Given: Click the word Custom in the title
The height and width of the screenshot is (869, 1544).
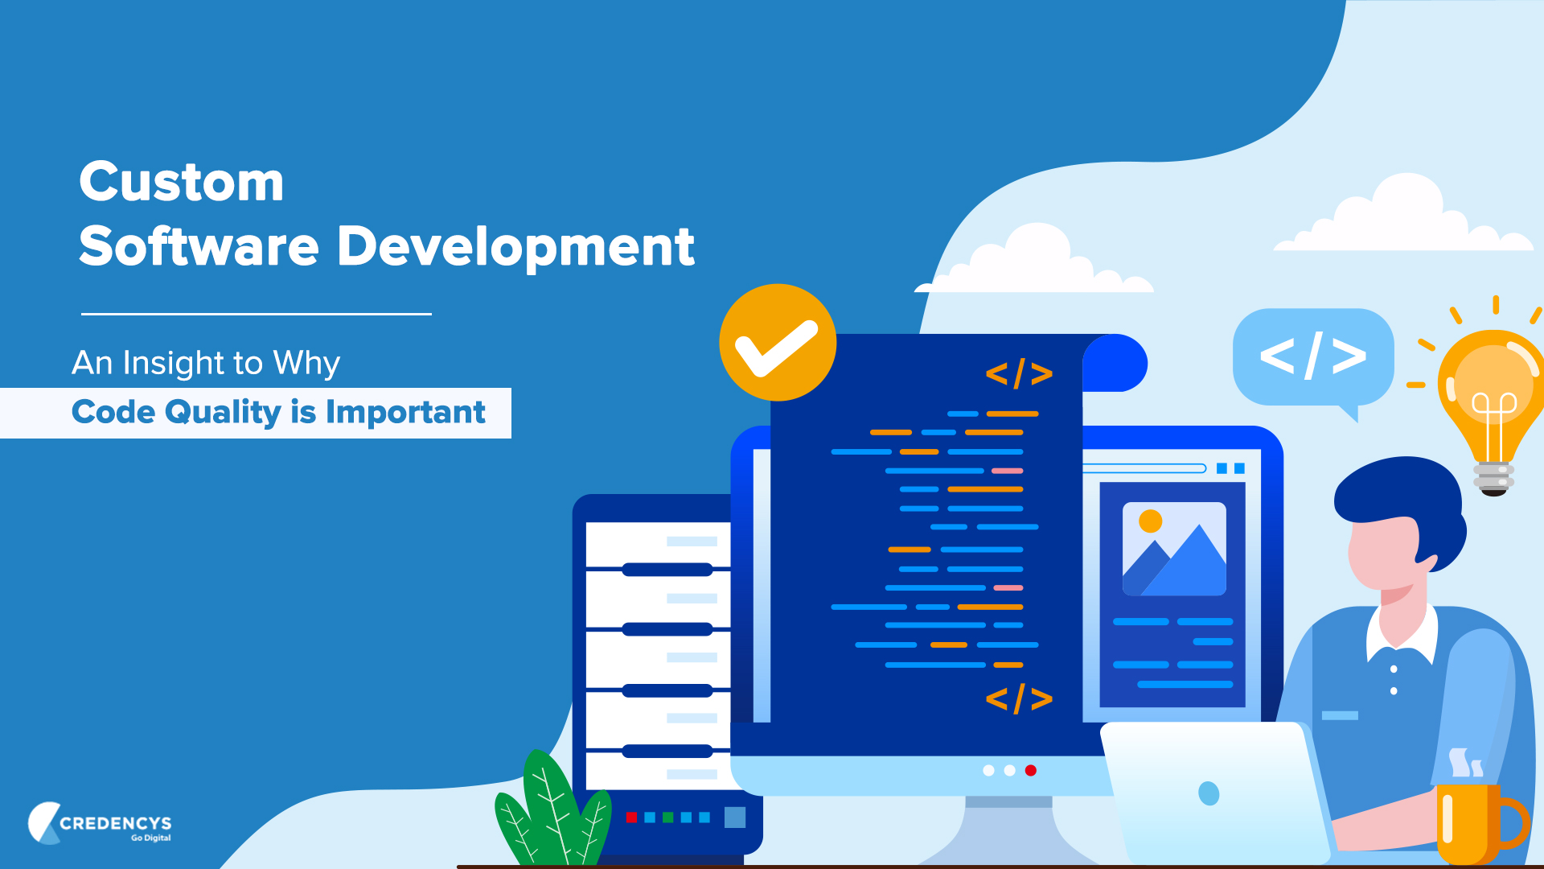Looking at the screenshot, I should tap(182, 182).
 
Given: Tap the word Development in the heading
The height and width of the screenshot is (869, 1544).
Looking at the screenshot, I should tap(515, 246).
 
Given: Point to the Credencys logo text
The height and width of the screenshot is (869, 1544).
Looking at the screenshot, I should tap(115, 823).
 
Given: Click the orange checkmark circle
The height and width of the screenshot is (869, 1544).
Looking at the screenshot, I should tap(778, 343).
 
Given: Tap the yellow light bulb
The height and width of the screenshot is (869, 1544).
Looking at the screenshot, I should tap(1493, 398).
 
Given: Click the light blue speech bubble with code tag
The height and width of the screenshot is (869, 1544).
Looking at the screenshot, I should tap(1312, 356).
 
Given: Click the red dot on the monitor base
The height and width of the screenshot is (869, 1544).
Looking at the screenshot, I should tap(1031, 771).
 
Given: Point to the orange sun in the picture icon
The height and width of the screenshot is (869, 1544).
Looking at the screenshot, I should tap(1151, 521).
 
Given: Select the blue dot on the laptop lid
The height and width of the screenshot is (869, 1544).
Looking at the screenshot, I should tap(1209, 793).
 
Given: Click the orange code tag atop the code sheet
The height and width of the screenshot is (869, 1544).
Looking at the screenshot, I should tap(1019, 373).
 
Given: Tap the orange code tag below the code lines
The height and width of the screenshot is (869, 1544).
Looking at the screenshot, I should tap(1019, 698).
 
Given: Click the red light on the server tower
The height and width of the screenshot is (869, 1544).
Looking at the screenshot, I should tap(631, 818).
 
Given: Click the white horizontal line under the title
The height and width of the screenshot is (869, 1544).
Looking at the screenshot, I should tap(257, 314).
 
